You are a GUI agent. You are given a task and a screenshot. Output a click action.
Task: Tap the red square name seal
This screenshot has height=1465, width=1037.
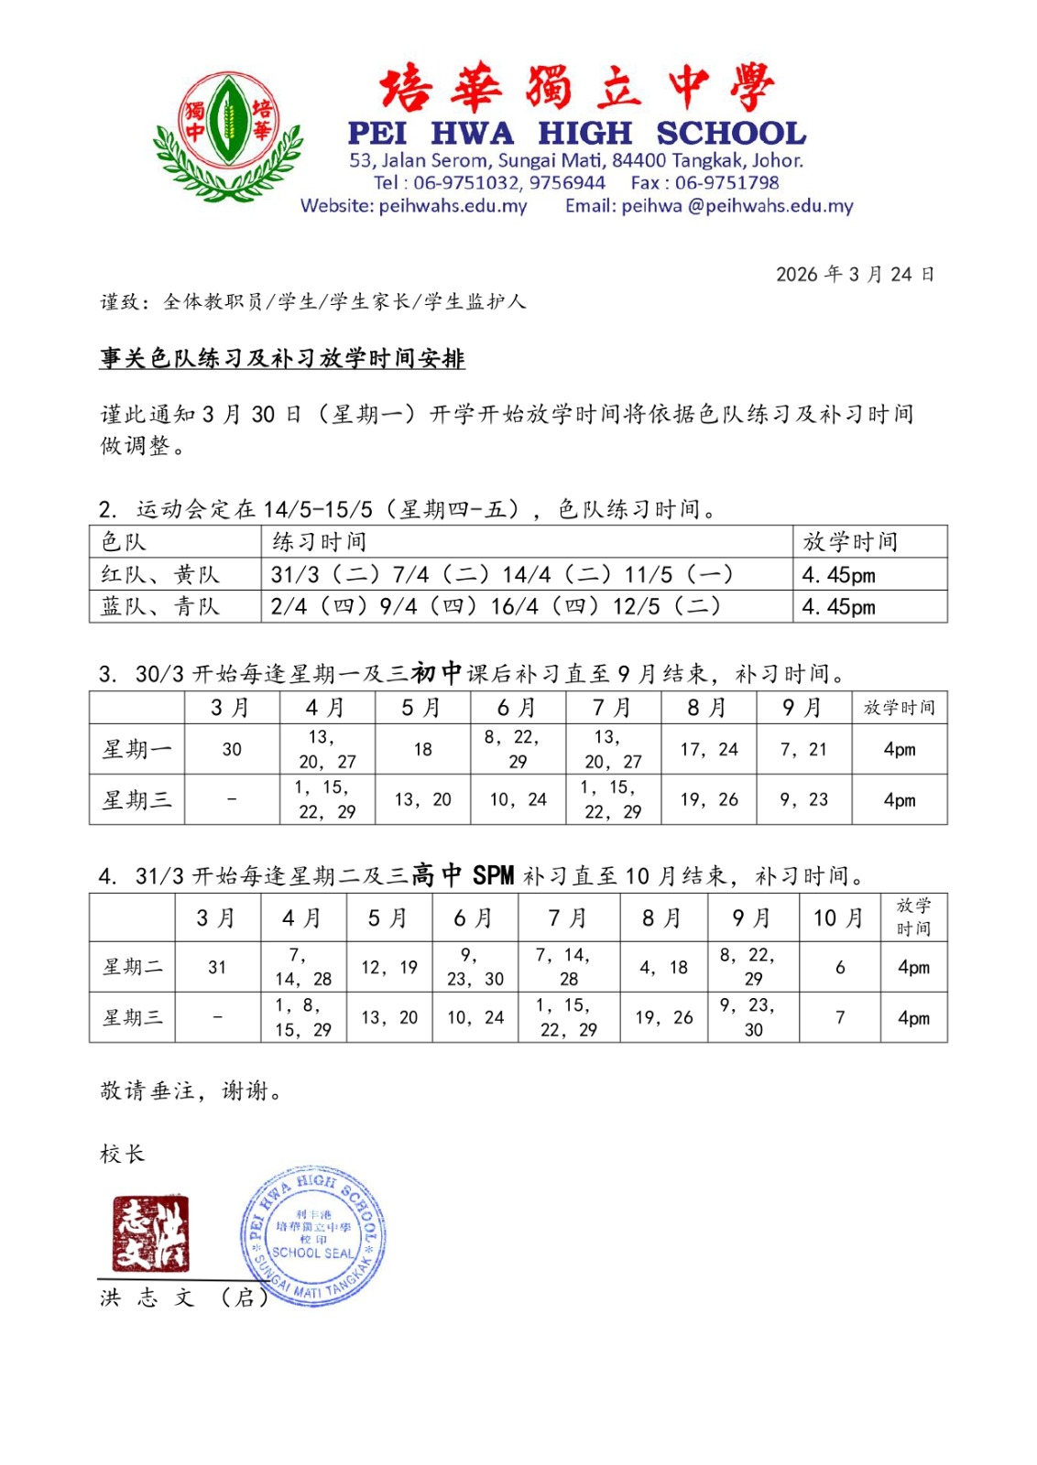click(x=150, y=1233)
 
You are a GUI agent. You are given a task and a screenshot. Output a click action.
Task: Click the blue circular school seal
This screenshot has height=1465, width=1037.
click(x=312, y=1235)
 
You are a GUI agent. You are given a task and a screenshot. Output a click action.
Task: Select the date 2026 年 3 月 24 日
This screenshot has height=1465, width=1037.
click(x=854, y=275)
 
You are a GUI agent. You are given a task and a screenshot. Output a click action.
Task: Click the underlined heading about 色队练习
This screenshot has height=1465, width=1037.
click(x=282, y=358)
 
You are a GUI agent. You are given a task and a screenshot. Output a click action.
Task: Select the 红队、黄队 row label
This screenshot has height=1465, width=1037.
click(x=161, y=575)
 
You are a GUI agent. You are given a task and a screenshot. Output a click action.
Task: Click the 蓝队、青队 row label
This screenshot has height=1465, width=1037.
click(x=161, y=606)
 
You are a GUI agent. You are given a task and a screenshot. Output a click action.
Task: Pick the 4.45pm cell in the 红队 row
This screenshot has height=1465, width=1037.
click(x=838, y=575)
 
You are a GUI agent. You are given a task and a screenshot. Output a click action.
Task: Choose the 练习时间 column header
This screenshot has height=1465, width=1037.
click(x=320, y=542)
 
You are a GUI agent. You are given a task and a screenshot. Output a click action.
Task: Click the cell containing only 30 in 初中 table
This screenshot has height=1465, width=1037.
click(x=232, y=749)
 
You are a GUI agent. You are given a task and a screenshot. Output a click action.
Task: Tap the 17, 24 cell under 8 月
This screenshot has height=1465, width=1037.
click(x=709, y=749)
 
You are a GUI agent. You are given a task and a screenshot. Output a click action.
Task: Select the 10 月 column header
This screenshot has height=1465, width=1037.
click(x=839, y=917)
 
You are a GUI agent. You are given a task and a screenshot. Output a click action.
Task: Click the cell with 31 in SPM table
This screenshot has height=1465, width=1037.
click(x=217, y=967)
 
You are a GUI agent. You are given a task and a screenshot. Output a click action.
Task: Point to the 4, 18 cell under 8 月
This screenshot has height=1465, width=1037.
click(x=664, y=967)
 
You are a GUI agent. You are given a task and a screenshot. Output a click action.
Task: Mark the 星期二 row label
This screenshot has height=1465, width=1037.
click(x=133, y=967)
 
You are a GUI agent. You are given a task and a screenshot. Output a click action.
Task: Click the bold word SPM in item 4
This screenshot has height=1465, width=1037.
click(x=493, y=876)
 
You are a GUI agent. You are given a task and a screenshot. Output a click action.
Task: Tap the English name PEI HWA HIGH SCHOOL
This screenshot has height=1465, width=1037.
click(x=577, y=134)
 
